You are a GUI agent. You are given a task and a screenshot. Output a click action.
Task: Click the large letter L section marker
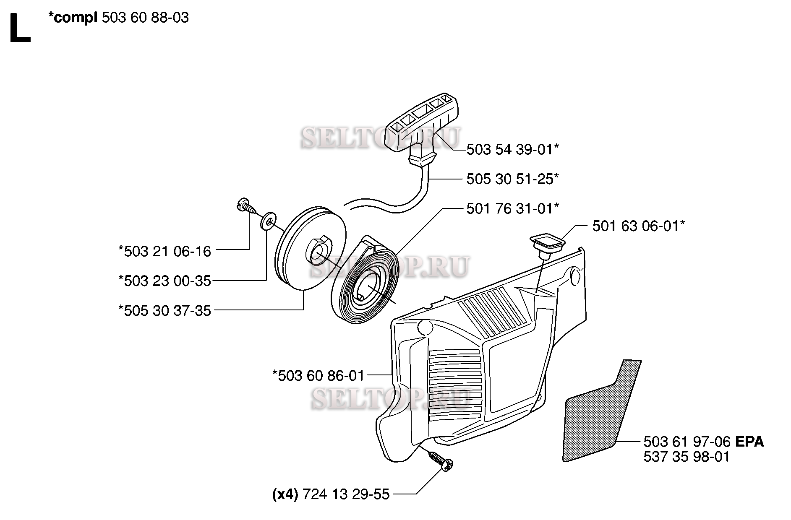19,28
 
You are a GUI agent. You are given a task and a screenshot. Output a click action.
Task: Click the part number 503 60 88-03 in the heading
145,18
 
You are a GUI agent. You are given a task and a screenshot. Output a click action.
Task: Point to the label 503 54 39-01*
513,149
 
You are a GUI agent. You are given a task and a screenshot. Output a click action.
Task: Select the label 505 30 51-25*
513,179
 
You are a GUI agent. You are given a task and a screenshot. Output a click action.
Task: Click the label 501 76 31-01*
513,208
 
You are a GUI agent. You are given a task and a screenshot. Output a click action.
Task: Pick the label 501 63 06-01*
639,226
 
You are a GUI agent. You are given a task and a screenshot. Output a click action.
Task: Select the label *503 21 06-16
165,252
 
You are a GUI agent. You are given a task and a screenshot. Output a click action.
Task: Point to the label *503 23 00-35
165,281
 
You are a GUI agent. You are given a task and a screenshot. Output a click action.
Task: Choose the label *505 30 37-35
165,311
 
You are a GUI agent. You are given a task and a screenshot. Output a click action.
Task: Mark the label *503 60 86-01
318,375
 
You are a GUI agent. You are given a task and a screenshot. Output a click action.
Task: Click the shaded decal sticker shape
602,411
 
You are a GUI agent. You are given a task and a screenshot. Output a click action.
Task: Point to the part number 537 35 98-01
687,457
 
